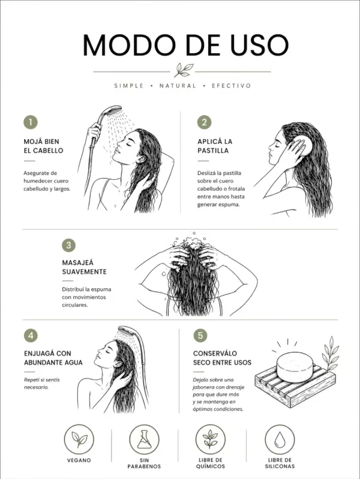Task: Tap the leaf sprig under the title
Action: pyautogui.click(x=184, y=70)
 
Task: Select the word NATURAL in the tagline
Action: pyautogui.click(x=178, y=86)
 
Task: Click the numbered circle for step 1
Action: pyautogui.click(x=31, y=122)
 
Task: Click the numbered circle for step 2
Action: pyautogui.click(x=205, y=122)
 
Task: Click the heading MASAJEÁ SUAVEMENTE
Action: pyautogui.click(x=85, y=267)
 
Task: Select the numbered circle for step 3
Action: pyautogui.click(x=68, y=245)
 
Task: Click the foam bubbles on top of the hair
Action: pyautogui.click(x=189, y=242)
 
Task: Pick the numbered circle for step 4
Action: pyautogui.click(x=31, y=336)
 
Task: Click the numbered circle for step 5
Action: pyautogui.click(x=200, y=336)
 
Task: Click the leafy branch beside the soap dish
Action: pyautogui.click(x=330, y=354)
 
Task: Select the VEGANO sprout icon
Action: pyautogui.click(x=79, y=439)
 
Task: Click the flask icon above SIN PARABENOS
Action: pyautogui.click(x=145, y=439)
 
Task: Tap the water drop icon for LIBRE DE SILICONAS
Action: pyautogui.click(x=280, y=439)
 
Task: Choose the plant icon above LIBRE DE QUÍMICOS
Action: pyautogui.click(x=211, y=439)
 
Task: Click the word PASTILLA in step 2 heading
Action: pyautogui.click(x=213, y=150)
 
